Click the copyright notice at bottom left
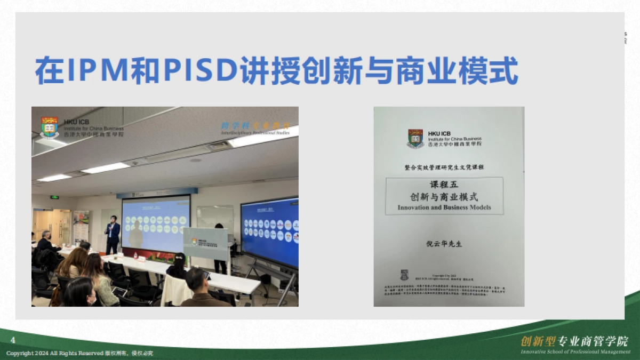pos(80,354)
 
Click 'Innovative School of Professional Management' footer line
pos(575,352)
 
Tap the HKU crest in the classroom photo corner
pos(50,127)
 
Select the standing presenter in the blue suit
pos(113,235)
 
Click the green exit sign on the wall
pos(54,197)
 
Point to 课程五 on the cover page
pos(444,185)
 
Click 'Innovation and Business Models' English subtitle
pos(444,207)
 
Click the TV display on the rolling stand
pos(269,233)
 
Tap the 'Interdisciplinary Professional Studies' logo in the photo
pos(255,128)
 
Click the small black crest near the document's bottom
pos(404,275)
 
